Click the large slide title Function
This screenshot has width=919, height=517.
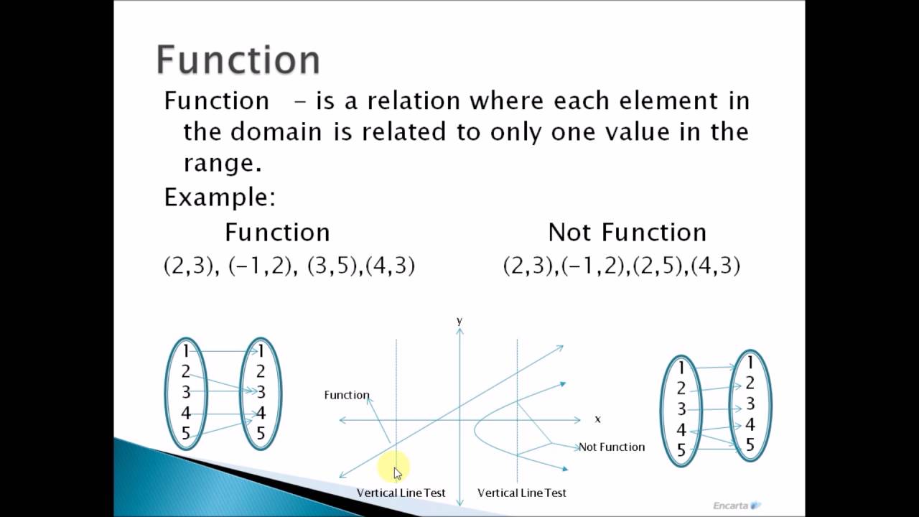tap(238, 60)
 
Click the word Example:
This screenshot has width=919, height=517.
tap(220, 197)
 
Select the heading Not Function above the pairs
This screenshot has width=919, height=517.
tap(627, 232)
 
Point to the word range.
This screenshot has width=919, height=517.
tap(222, 163)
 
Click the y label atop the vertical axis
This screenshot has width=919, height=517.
tap(459, 321)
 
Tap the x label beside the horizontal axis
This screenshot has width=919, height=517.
tap(597, 419)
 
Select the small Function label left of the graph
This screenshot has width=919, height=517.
tap(347, 395)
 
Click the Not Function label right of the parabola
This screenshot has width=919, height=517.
tap(612, 447)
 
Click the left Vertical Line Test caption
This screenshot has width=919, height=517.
tap(401, 493)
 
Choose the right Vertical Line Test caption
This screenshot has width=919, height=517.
tap(522, 493)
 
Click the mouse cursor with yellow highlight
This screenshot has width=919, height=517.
tap(397, 472)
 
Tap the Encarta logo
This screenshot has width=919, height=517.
tap(737, 505)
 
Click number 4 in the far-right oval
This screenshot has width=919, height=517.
tap(750, 424)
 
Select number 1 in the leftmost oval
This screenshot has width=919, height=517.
tap(186, 350)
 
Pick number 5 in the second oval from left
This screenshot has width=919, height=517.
tap(261, 434)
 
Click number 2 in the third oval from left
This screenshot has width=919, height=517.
tap(681, 388)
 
